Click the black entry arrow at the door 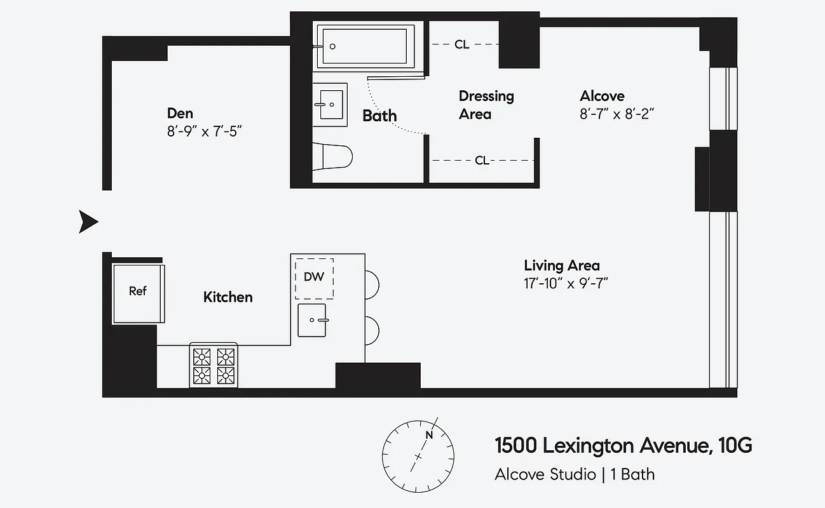pyautogui.click(x=88, y=222)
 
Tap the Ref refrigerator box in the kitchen pyautogui.click(x=138, y=291)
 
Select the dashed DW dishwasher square pyautogui.click(x=314, y=277)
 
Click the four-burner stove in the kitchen pyautogui.click(x=214, y=366)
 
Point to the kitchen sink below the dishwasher pyautogui.click(x=313, y=320)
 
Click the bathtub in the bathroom pyautogui.click(x=365, y=46)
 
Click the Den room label pyautogui.click(x=180, y=113)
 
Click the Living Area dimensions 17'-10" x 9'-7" pyautogui.click(x=566, y=283)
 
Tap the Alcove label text pyautogui.click(x=602, y=97)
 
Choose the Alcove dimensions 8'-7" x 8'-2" pyautogui.click(x=617, y=116)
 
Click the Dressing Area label pyautogui.click(x=486, y=105)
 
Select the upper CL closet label pyautogui.click(x=462, y=44)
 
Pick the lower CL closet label pyautogui.click(x=482, y=161)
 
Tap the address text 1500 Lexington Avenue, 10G pyautogui.click(x=623, y=446)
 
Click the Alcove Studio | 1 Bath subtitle pyautogui.click(x=575, y=474)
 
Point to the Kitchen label pyautogui.click(x=228, y=297)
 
